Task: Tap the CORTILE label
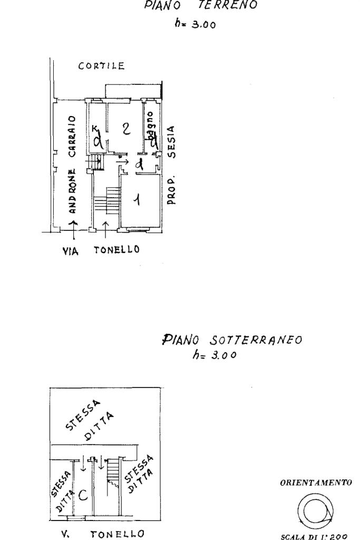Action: [101, 66]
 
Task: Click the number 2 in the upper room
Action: [125, 129]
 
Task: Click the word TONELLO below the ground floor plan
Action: [116, 250]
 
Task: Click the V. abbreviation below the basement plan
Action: [65, 533]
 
